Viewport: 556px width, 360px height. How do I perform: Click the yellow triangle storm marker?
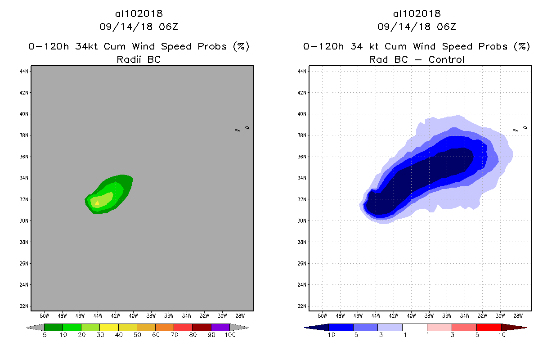tap(97, 203)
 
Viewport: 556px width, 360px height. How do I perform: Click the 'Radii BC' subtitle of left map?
tap(139, 59)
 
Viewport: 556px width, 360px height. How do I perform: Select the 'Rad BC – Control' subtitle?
tap(417, 59)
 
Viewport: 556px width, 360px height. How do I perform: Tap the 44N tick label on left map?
tap(24, 71)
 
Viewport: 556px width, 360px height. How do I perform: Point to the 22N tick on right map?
tap(302, 306)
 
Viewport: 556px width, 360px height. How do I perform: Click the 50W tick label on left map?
tap(45, 315)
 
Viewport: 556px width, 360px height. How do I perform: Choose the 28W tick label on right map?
tap(518, 315)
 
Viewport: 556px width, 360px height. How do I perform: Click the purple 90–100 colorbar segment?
tap(220, 327)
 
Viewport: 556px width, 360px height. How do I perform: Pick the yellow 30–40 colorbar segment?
tap(109, 327)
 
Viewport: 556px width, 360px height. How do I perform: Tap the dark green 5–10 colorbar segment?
tap(54, 327)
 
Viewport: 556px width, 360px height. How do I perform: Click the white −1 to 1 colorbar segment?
tap(415, 327)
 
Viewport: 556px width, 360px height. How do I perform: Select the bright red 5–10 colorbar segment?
tap(489, 327)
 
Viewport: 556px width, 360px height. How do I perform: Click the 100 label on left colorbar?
tap(230, 335)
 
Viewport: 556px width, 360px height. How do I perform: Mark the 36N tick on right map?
tap(302, 157)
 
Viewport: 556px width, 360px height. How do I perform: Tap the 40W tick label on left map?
tap(133, 315)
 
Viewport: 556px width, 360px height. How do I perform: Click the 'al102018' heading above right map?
tap(417, 14)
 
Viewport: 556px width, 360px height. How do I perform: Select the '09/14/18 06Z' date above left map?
tap(139, 27)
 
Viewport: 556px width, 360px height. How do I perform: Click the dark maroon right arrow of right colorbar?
tap(514, 327)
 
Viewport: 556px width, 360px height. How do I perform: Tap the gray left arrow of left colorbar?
tap(35, 327)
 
